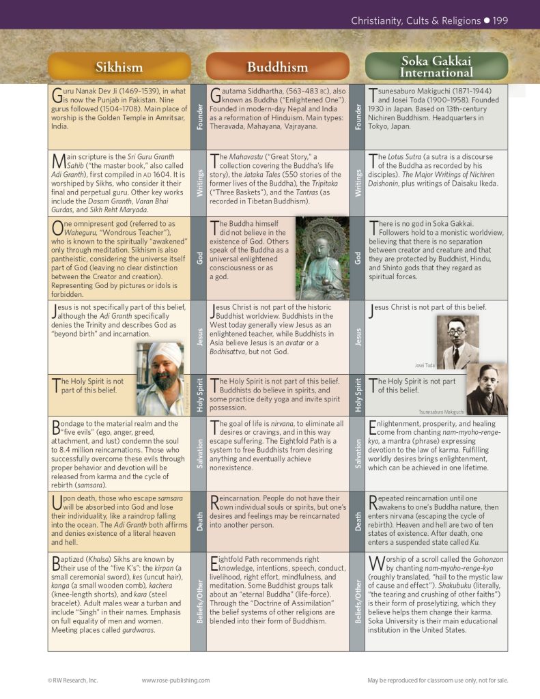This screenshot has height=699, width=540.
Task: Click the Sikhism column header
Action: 119,67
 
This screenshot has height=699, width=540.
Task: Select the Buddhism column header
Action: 277,67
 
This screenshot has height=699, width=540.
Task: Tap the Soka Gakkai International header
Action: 436,66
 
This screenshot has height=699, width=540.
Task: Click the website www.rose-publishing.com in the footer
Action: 175,680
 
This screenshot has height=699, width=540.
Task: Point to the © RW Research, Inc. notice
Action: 73,680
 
